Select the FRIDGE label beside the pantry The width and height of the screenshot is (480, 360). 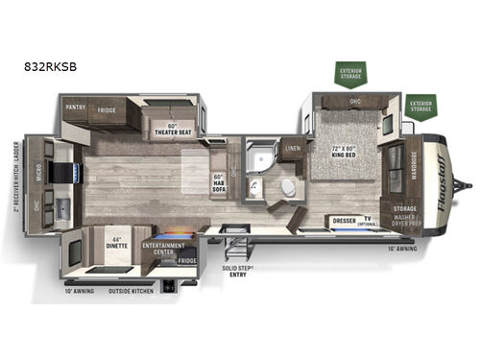(107, 110)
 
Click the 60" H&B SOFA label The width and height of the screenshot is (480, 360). (218, 180)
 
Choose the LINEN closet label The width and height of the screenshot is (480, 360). (293, 150)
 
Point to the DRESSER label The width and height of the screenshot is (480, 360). (343, 220)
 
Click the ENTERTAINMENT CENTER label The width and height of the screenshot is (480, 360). (162, 248)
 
